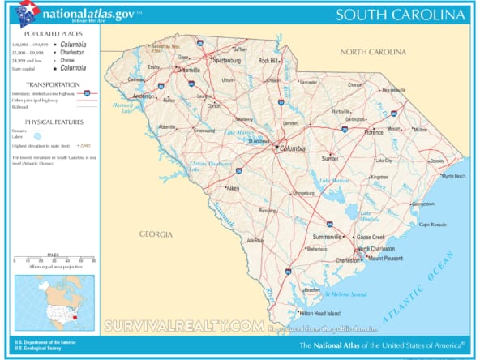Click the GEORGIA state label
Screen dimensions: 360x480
click(155, 234)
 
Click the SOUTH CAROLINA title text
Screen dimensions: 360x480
click(401, 15)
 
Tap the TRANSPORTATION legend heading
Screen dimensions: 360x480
click(53, 84)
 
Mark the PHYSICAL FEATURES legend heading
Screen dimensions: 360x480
click(53, 121)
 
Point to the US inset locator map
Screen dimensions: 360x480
click(54, 302)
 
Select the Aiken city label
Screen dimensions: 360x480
click(234, 188)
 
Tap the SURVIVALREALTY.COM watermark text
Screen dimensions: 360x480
click(184, 326)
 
